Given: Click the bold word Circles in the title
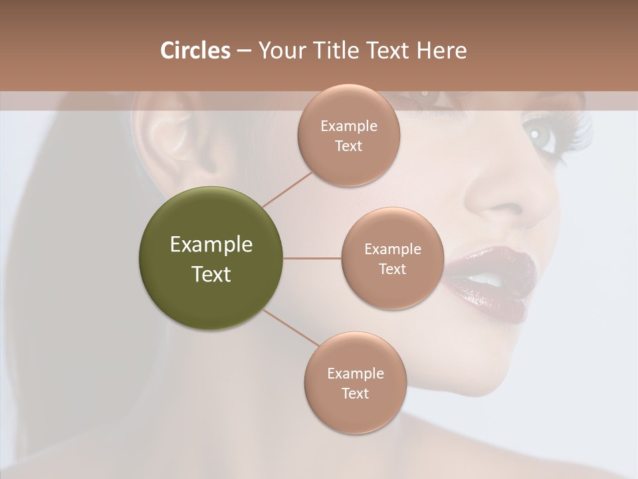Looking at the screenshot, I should [195, 51].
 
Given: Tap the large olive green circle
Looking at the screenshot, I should [211, 258].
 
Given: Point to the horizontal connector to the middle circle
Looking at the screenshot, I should [312, 258].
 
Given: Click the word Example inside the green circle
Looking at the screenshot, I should [211, 245].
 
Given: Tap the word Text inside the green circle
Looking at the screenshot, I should [211, 274].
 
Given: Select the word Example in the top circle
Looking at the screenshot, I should [348, 126].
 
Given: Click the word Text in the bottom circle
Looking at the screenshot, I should [355, 393].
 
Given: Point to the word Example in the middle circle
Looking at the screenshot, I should [392, 249].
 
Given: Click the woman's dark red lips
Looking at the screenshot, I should [492, 279].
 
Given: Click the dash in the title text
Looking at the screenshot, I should [243, 51].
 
